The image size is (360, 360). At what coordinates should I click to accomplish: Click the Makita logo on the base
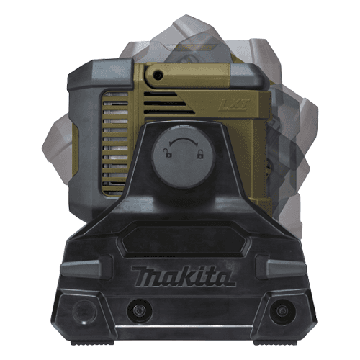point(183,276)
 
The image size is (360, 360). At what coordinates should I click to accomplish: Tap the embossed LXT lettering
point(234,104)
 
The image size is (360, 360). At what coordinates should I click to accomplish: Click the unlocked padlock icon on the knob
point(168,153)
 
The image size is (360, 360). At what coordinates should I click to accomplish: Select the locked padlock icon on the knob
point(200,154)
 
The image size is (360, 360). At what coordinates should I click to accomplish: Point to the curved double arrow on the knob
point(184,140)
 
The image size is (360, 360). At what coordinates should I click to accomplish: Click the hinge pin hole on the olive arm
point(158,76)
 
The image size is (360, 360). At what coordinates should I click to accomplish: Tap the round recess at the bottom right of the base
point(282,311)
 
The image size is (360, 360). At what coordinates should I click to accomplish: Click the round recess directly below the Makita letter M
point(139,311)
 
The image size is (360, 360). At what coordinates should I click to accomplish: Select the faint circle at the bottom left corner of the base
point(85,312)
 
